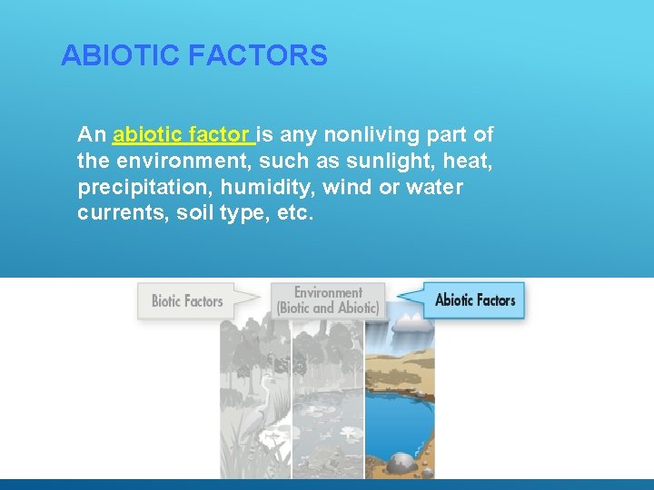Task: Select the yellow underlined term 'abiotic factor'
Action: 183,136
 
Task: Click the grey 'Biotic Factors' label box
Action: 187,301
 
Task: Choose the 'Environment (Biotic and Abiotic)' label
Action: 328,300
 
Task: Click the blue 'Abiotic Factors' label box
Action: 474,299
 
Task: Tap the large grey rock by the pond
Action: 401,463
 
